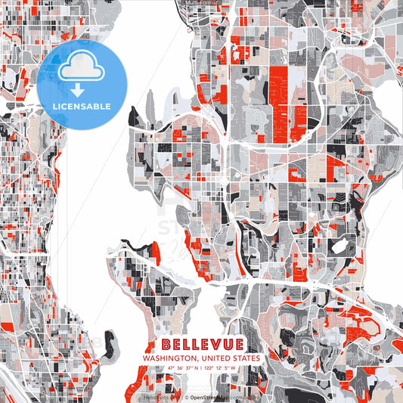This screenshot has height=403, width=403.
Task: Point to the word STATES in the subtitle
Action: click(x=246, y=358)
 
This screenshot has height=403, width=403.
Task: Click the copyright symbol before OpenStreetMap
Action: click(x=186, y=395)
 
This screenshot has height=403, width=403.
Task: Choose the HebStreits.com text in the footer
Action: click(x=158, y=395)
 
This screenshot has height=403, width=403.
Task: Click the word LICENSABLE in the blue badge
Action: click(x=81, y=105)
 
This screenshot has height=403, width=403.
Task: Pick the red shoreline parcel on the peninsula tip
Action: click(x=156, y=250)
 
